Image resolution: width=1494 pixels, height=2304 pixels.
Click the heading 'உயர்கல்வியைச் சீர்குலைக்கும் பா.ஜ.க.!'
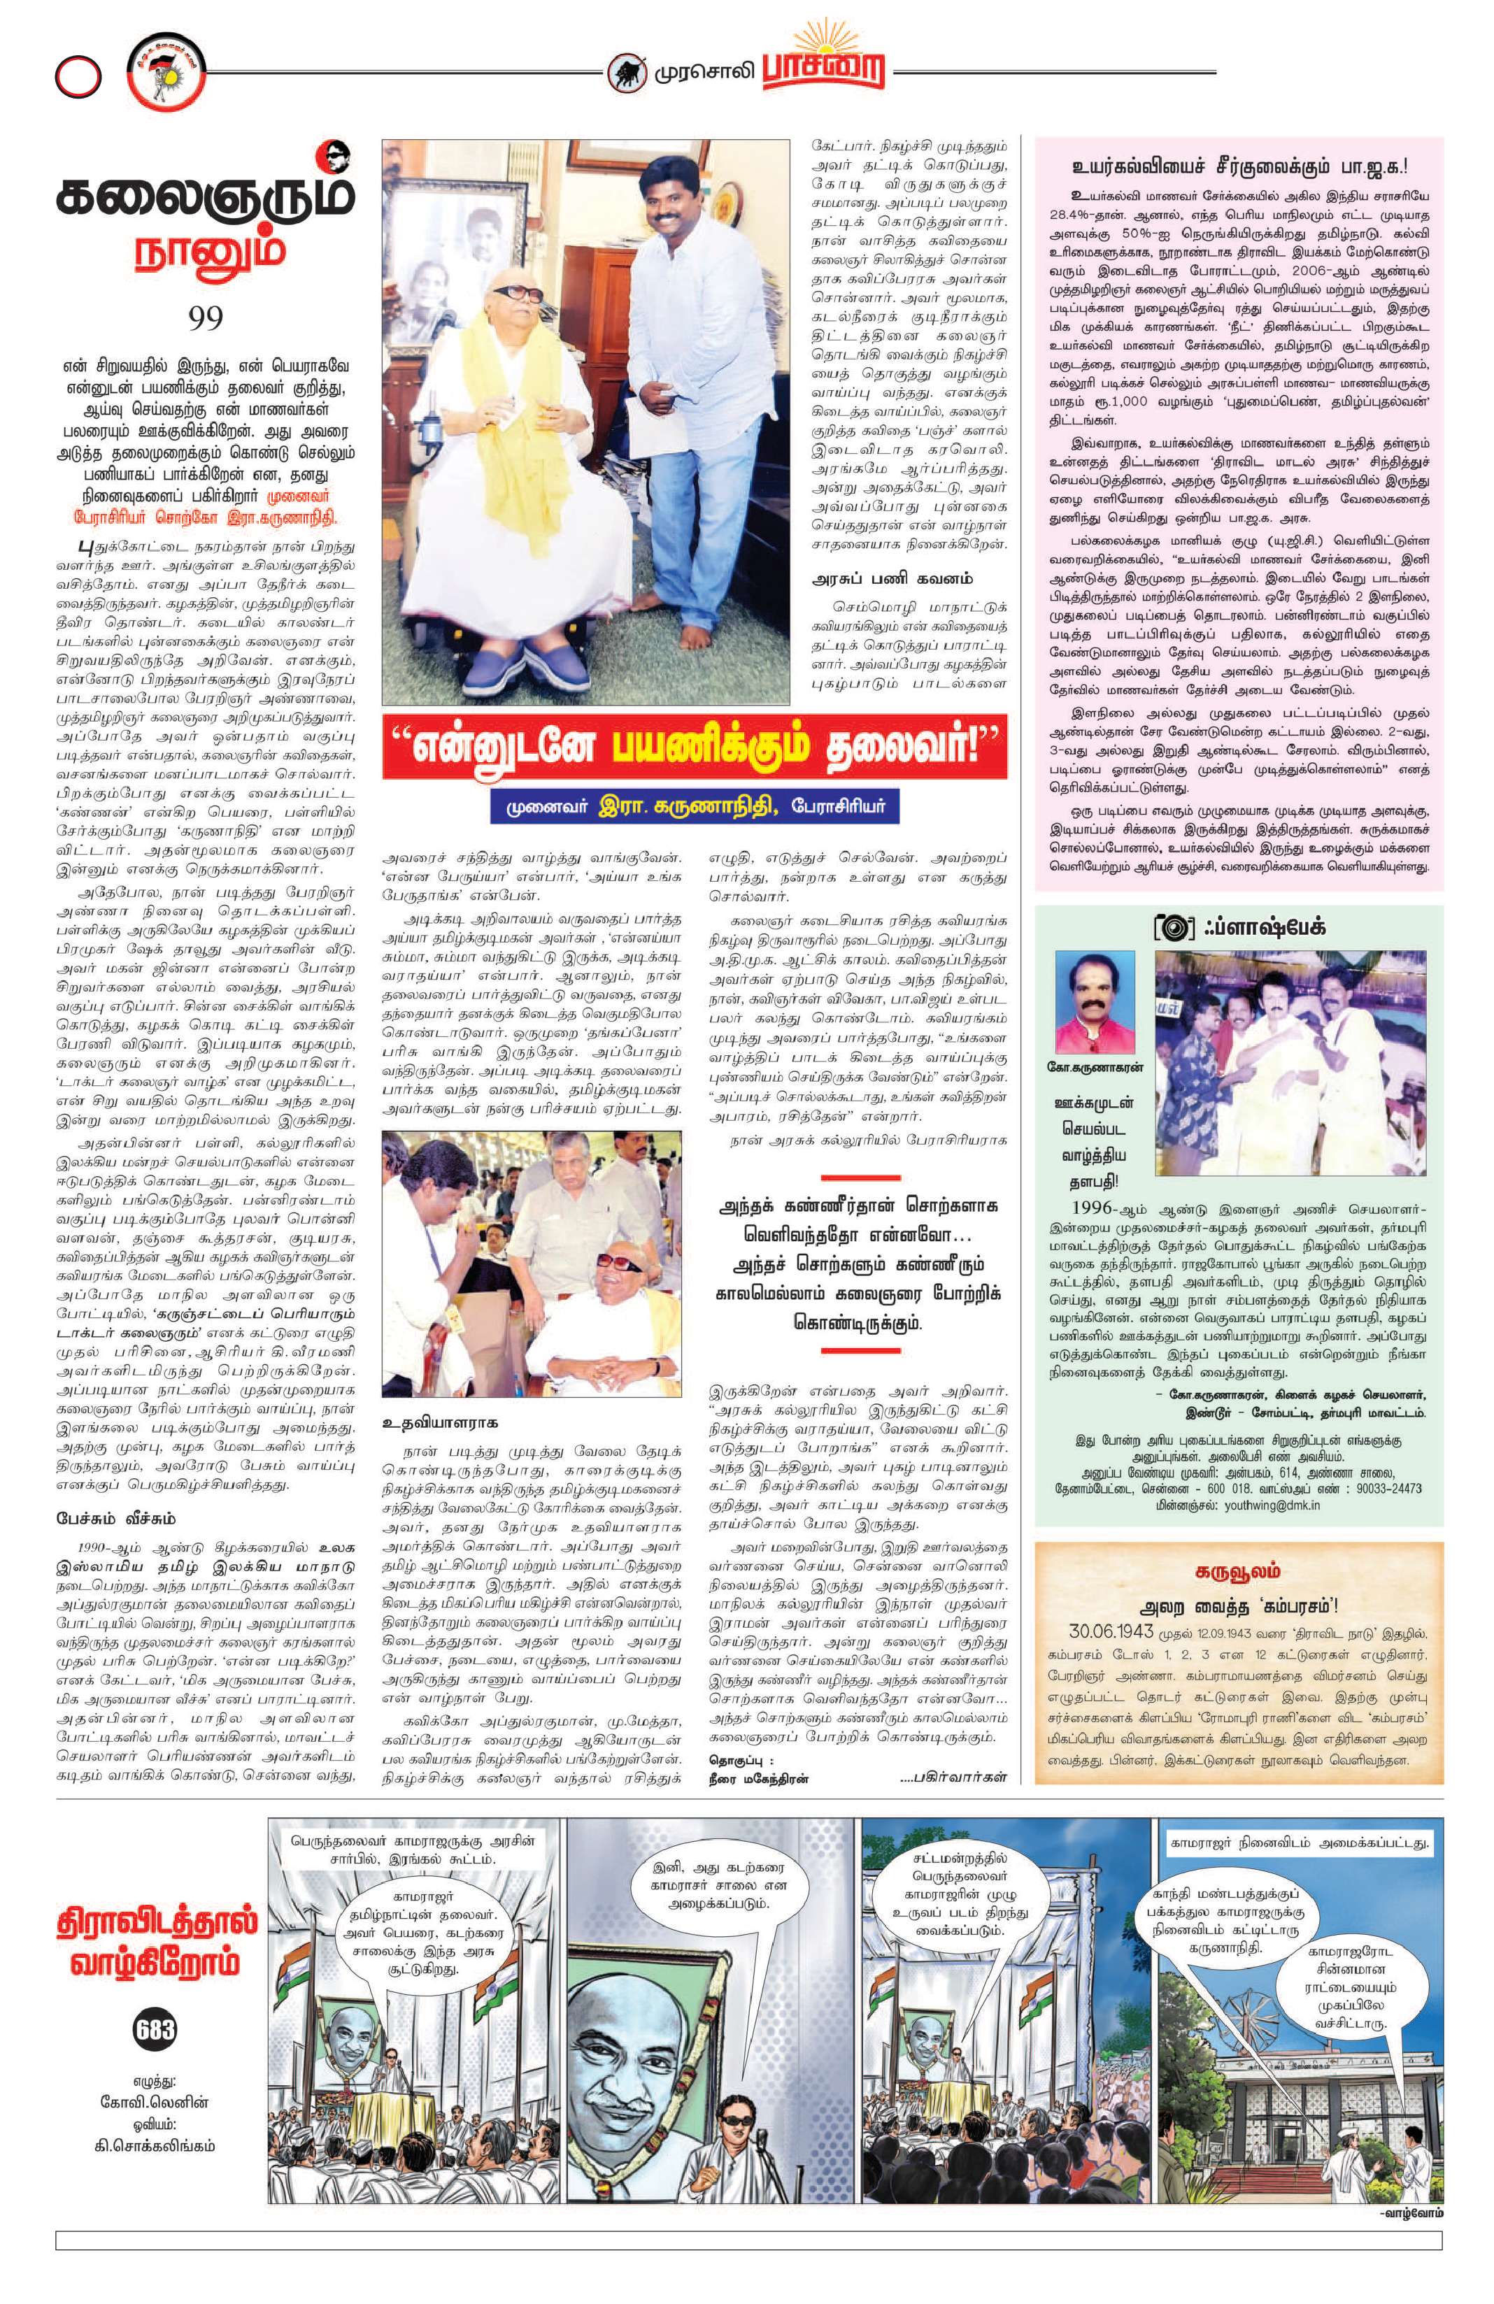(x=1237, y=166)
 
